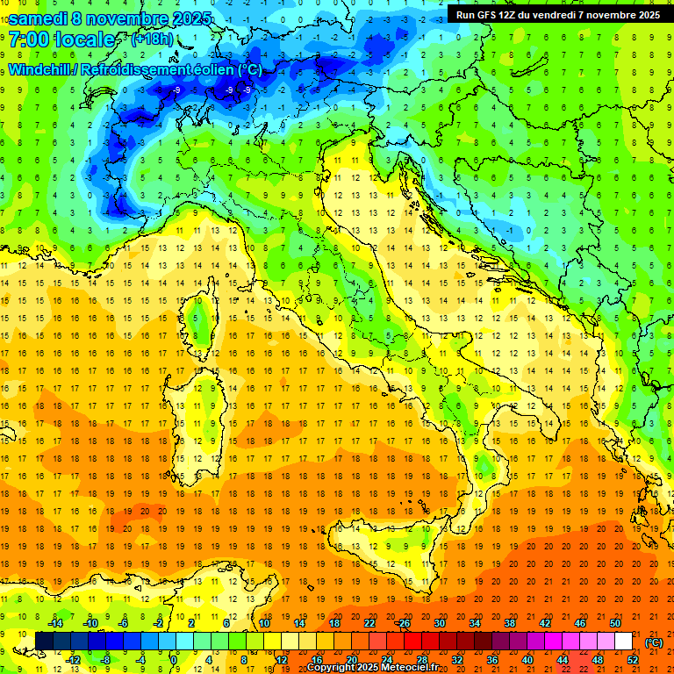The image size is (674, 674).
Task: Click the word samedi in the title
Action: click(x=40, y=18)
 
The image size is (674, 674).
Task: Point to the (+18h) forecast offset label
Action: click(x=152, y=39)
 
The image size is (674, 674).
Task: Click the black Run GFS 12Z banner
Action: click(x=558, y=14)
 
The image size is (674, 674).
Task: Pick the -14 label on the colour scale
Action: click(x=55, y=623)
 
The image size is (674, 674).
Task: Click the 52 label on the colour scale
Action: click(x=633, y=660)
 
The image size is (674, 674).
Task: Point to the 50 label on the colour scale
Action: click(x=615, y=623)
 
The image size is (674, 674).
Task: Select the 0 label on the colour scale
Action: click(x=175, y=660)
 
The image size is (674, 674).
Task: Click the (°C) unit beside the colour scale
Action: click(x=654, y=642)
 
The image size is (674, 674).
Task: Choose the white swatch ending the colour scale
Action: click(x=623, y=642)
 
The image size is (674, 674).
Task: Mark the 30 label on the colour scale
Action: click(x=439, y=623)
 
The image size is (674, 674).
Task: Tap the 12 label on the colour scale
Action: click(x=281, y=660)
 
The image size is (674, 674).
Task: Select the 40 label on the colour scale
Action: click(x=527, y=660)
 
